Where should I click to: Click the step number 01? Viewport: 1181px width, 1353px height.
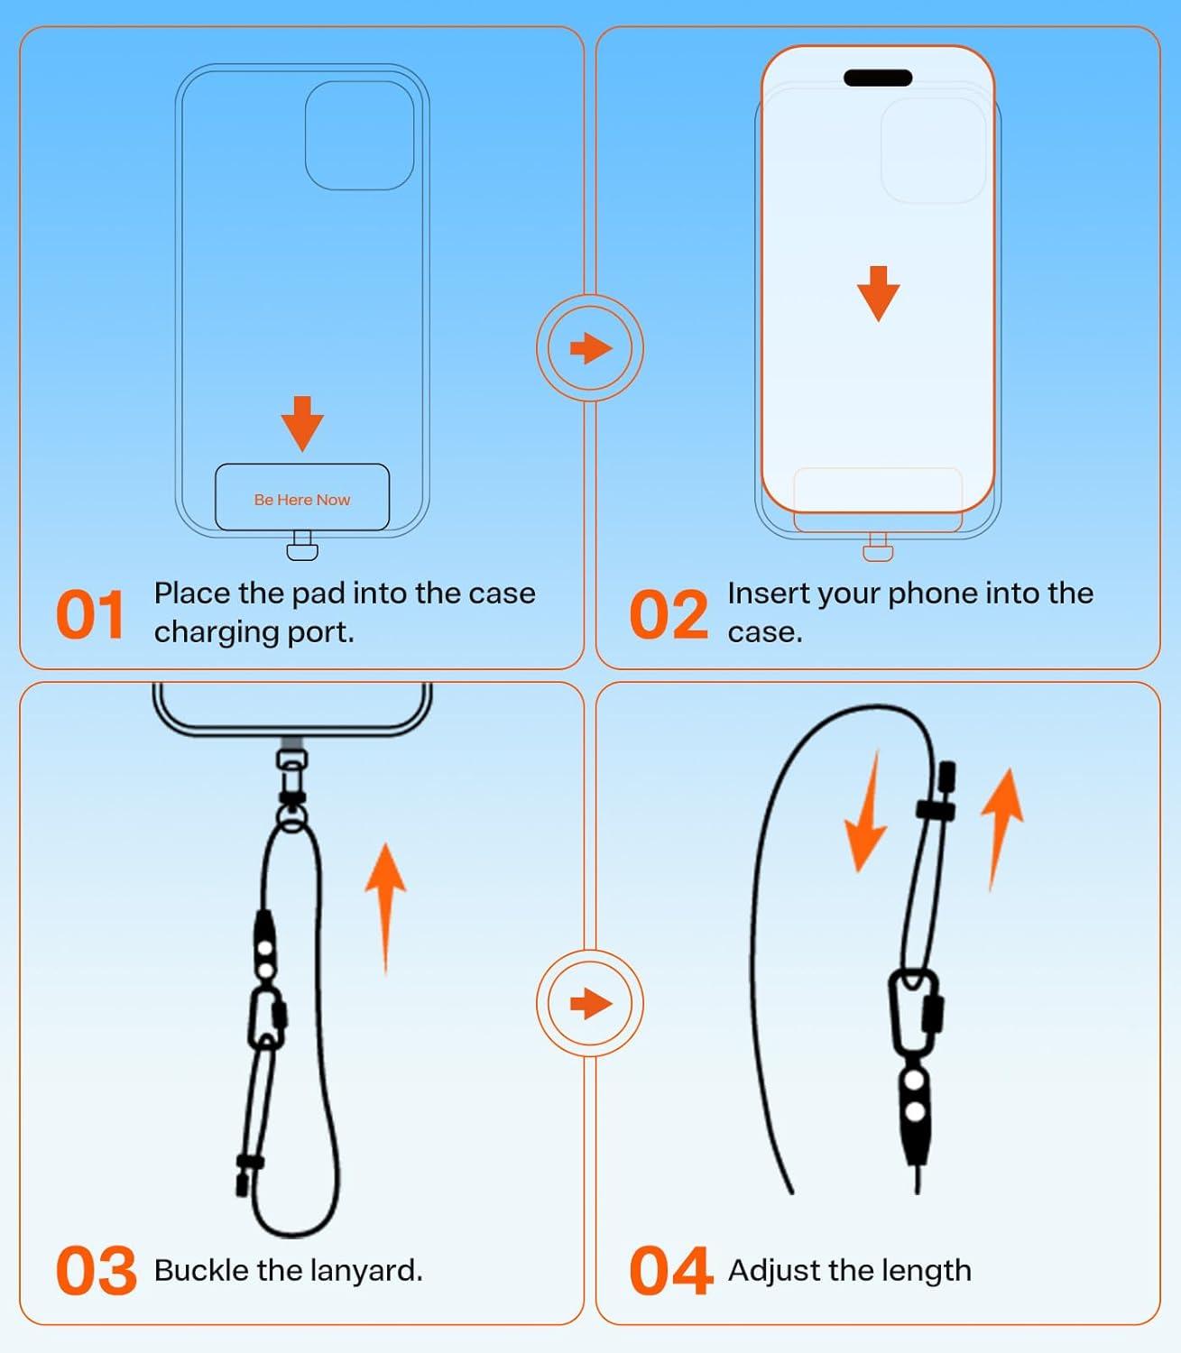[90, 616]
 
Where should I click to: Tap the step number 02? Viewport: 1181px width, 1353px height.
[669, 616]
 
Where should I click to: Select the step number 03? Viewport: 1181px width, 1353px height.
[96, 1271]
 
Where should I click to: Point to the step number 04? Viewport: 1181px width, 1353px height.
[670, 1271]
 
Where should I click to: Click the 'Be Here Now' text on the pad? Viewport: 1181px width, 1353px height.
[301, 500]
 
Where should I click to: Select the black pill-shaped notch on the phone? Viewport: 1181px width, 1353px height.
[877, 78]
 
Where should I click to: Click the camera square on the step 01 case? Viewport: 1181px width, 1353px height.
[359, 135]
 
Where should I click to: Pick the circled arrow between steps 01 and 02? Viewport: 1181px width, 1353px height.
[590, 348]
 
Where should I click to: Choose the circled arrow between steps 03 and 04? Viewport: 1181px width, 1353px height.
[590, 1003]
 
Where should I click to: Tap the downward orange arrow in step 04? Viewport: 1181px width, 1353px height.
[866, 816]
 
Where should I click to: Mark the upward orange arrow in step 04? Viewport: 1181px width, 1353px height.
[1001, 825]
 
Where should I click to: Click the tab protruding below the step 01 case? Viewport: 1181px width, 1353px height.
[301, 547]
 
